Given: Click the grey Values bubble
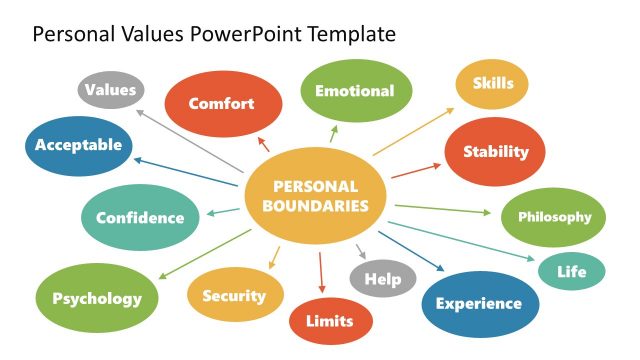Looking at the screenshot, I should tap(110, 90).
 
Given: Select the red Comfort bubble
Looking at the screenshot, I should tap(222, 103).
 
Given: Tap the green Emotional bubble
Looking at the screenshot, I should tap(355, 91).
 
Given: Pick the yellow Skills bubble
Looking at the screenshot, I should tap(492, 84).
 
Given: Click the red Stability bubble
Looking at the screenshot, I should tap(495, 152).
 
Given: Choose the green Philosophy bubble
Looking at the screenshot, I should tap(553, 217).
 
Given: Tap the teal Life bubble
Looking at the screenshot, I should tap(572, 271).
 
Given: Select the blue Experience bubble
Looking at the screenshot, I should tap(479, 304).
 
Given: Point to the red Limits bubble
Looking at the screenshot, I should tap(331, 322).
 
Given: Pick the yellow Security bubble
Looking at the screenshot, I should tap(234, 296).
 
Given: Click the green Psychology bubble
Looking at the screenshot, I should tap(97, 298).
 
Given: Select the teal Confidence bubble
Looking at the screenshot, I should tap(139, 217).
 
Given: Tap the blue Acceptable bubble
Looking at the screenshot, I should tap(78, 145).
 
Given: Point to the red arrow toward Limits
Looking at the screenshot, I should tap(321, 271).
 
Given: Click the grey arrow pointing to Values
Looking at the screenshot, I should tap(190, 140).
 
